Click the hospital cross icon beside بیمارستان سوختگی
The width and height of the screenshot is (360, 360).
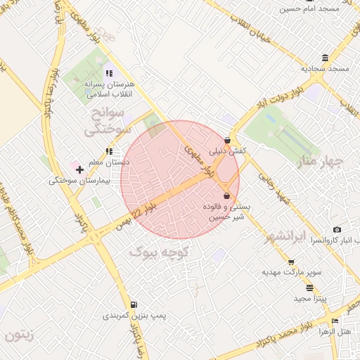tap(79, 169)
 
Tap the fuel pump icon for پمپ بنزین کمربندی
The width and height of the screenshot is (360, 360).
tap(133, 304)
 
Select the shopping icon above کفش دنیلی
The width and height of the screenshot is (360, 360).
tap(227, 140)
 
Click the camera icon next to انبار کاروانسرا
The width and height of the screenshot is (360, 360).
tap(337, 230)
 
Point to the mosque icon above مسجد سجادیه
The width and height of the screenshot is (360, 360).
tap(324, 58)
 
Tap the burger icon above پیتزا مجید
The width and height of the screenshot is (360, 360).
tap(310, 288)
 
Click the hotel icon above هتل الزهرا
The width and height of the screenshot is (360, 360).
tap(335, 321)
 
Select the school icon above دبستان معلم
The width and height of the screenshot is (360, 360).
tap(108, 150)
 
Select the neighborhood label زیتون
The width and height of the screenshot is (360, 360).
tap(19, 335)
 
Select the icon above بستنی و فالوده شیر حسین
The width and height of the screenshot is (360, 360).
tap(226, 195)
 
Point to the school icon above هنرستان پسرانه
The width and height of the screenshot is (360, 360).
tap(108, 72)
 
